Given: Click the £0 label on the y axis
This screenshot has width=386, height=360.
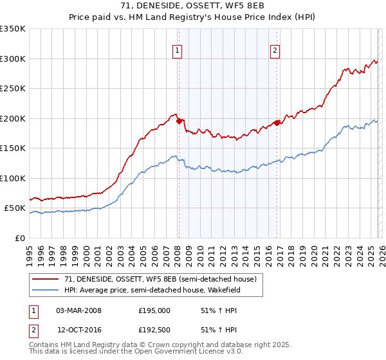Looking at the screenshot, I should tap(19, 238).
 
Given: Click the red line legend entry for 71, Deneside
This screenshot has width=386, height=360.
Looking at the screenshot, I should tap(160, 279).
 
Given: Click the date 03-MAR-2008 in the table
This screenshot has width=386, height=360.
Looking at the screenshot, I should tap(79, 310).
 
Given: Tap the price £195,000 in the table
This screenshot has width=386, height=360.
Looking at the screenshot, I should tap(154, 310).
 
